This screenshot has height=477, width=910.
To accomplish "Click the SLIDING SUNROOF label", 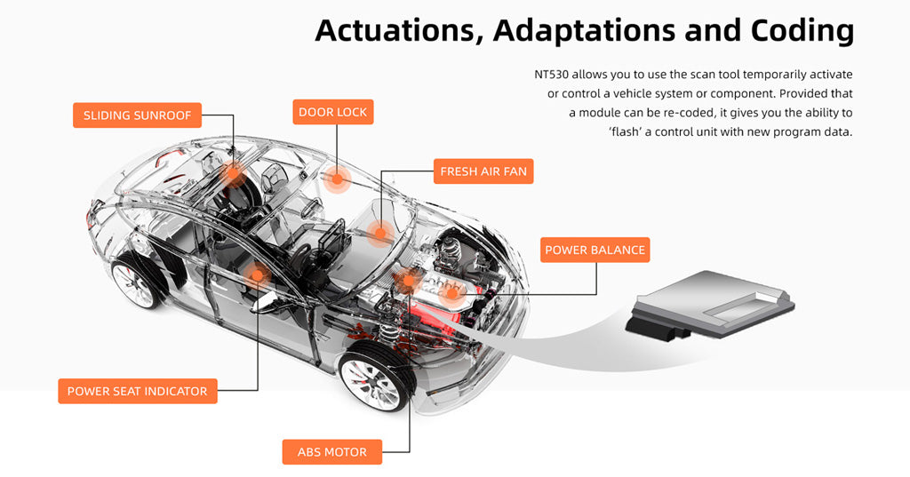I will pos(137,115).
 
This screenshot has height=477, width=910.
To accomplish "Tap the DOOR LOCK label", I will pos(333,112).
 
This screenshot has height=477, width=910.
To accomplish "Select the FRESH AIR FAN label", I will pos(483,171).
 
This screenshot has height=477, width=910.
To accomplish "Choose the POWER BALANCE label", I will pos(595,250).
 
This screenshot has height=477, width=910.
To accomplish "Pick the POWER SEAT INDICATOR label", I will pos(137,391).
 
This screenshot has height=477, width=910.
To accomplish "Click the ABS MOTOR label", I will pos(332,452).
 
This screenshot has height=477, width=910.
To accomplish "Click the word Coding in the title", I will pos(802,30).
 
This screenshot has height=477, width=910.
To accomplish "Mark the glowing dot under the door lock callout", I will pos(337,179).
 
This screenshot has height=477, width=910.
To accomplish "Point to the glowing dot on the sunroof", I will pos(235,174).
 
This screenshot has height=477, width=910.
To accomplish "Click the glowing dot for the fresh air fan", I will pos(380,234).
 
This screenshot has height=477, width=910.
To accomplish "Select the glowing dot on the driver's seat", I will pos(258,274).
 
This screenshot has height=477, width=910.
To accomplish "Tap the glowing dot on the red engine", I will pos(452,292).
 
